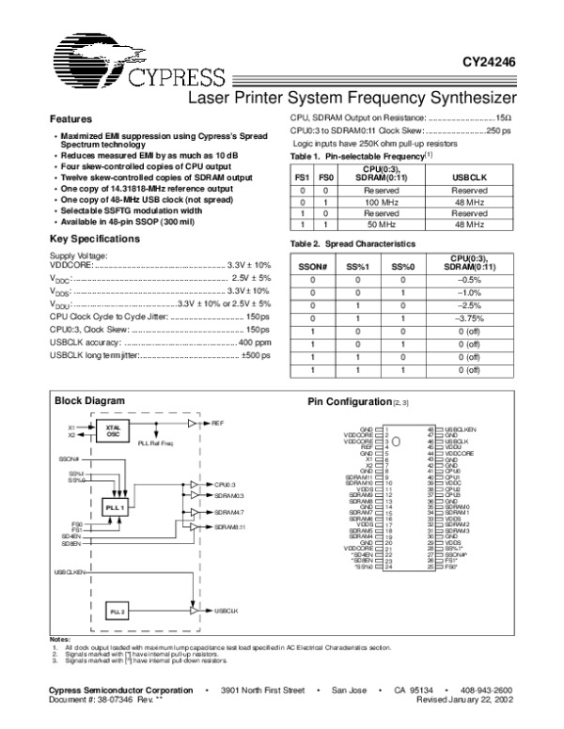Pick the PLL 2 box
117,611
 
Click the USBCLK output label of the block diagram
227,611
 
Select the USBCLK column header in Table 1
467,177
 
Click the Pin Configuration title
349,402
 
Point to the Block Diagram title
89,401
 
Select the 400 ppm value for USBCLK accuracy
255,344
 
